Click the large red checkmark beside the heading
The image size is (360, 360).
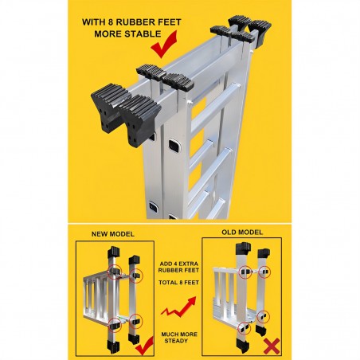tap(164, 45)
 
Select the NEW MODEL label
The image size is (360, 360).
tap(113, 234)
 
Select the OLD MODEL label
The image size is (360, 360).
tap(242, 233)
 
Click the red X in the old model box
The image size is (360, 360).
tap(272, 346)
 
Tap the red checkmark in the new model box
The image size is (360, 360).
tap(145, 345)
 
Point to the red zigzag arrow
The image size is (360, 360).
tap(179, 307)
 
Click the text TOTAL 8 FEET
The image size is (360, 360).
tap(178, 283)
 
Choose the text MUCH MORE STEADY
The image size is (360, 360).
tap(179, 338)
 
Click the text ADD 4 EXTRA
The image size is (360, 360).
tap(179, 264)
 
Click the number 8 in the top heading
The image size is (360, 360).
tap(111, 22)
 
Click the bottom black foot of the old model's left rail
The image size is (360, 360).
tap(242, 346)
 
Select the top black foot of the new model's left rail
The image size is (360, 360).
tap(114, 252)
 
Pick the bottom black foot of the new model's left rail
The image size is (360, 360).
tap(114, 346)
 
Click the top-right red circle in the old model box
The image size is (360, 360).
tap(264, 272)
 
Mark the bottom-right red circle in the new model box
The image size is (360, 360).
tap(136, 320)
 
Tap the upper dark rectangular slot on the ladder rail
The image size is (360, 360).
tap(174, 146)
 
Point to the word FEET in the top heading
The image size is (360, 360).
tap(169, 22)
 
